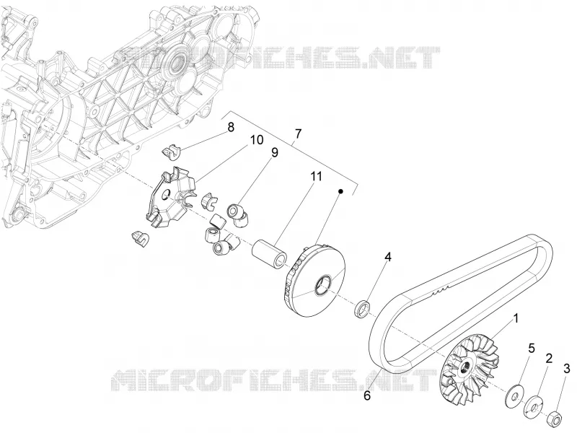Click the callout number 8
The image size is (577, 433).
pos(231,128)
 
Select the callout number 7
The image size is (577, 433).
pos(298,134)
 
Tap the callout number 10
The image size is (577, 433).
pos(257,140)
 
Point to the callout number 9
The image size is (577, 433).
pos(275,152)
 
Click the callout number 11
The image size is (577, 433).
pos(315,176)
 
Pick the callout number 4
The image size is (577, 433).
pos(387,257)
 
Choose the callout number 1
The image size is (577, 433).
pos(516,318)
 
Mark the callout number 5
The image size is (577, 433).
pos(532,348)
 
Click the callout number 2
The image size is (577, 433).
pos(549,358)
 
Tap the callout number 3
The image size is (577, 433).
pos(566,368)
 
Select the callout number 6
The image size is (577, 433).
pos(367,395)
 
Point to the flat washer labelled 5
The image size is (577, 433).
pos(514,396)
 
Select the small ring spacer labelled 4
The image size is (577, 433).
pos(363,309)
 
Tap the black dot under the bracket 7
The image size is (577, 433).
pos(340,191)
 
